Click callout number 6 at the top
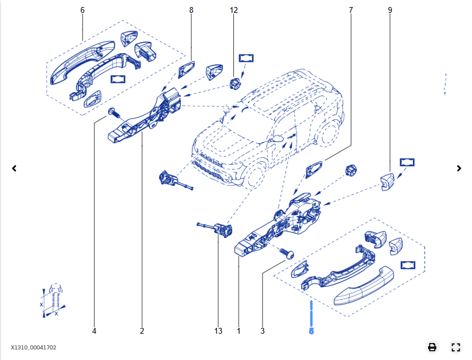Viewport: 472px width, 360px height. [x=82, y=11]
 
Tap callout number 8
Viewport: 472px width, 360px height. [x=191, y=11]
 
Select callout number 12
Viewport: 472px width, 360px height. [x=234, y=11]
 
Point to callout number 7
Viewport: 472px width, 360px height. [x=351, y=11]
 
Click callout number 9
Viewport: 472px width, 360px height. [x=390, y=11]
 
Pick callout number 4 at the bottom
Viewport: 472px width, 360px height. [x=94, y=331]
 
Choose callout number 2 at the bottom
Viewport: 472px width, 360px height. [x=142, y=331]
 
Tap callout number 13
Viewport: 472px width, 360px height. [x=218, y=331]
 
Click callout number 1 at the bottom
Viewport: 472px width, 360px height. [x=239, y=331]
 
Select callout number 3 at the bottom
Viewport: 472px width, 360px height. [x=263, y=331]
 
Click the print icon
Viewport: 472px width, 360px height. [x=432, y=347]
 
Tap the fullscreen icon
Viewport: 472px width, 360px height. [x=456, y=347]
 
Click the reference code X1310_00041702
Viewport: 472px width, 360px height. [x=33, y=348]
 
